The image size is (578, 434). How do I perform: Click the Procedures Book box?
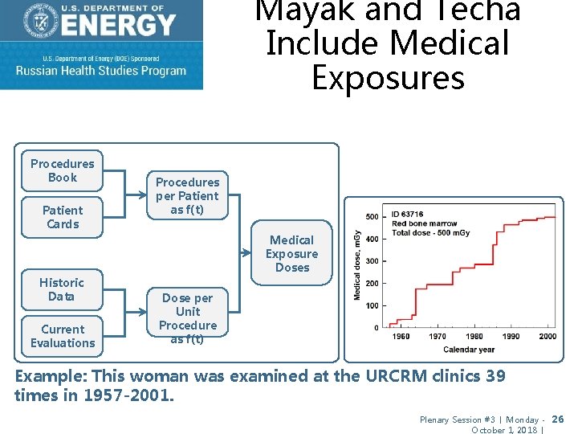click(63, 170)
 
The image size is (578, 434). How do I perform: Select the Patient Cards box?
click(63, 217)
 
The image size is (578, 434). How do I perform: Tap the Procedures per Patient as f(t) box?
click(187, 196)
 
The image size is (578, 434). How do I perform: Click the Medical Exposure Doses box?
click(292, 254)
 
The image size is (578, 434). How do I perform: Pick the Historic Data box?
click(62, 289)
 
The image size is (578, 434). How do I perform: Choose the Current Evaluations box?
click(63, 336)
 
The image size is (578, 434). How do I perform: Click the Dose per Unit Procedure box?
click(188, 318)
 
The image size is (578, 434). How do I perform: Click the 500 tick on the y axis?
click(372, 217)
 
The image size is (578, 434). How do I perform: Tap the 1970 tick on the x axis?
click(438, 336)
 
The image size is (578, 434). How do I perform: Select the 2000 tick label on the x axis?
click(547, 336)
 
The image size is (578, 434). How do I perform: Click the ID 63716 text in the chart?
click(408, 215)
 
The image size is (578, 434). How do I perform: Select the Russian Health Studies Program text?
click(101, 70)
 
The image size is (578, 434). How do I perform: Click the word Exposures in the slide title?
click(388, 78)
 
